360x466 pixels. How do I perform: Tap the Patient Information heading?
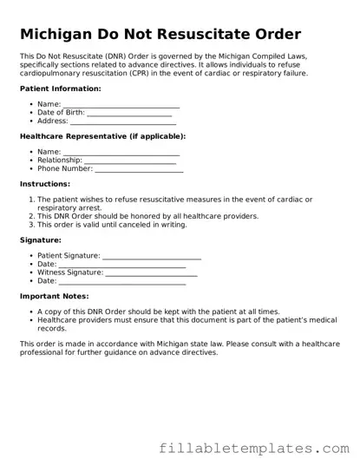[x=60, y=89]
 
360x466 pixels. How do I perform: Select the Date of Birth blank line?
[x=129, y=114]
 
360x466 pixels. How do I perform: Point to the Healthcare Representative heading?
[x=102, y=136]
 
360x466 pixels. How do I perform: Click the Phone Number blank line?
[x=138, y=170]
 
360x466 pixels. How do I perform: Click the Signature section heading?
[x=41, y=240]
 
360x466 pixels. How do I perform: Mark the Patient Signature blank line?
[x=152, y=257]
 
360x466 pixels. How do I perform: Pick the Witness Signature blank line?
[x=151, y=273]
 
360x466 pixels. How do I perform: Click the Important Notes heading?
[x=57, y=296]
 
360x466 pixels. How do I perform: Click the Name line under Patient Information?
[x=121, y=105]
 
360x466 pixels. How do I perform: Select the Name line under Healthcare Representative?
[x=121, y=153]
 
